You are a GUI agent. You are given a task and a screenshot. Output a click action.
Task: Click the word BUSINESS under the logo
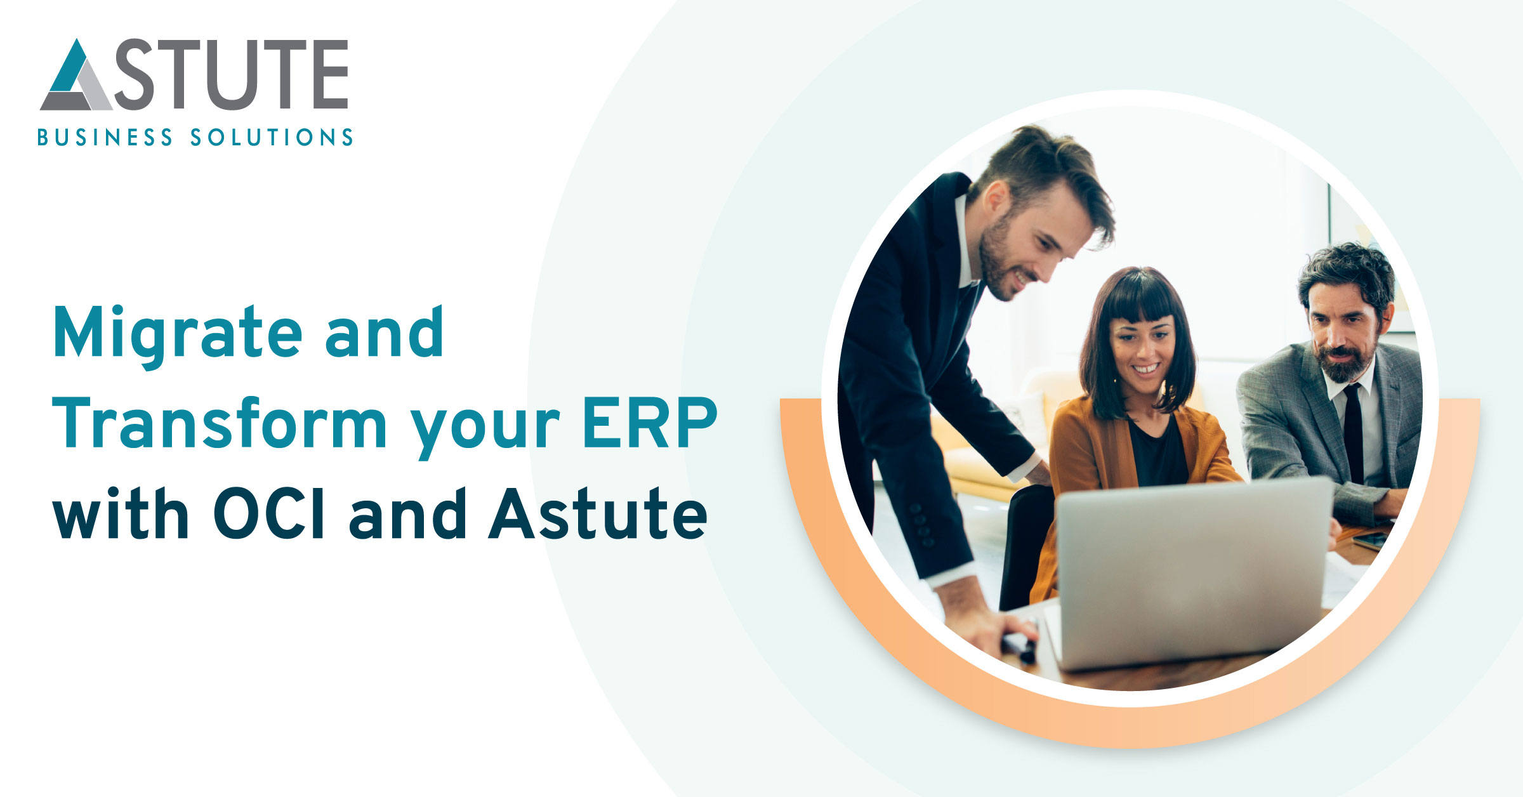[105, 138]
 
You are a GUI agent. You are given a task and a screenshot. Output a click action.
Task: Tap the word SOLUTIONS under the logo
[272, 138]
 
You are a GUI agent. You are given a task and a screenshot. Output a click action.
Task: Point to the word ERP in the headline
[650, 423]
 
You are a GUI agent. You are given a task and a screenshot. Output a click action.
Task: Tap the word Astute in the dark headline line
[598, 513]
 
